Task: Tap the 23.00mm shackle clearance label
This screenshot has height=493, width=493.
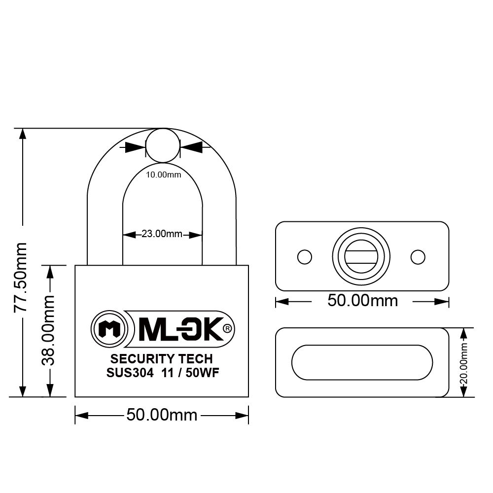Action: tap(162, 234)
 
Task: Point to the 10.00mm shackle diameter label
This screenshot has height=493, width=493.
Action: tap(163, 175)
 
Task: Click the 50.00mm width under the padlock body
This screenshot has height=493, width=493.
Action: tap(162, 415)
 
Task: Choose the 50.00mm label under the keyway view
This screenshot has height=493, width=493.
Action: tap(362, 300)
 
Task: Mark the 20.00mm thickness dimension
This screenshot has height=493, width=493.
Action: tap(464, 362)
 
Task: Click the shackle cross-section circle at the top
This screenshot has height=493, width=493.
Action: tap(163, 146)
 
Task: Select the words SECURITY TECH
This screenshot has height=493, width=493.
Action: tap(162, 359)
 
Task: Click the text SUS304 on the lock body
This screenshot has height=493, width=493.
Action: tap(127, 373)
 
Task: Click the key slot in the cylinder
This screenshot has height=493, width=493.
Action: tap(361, 257)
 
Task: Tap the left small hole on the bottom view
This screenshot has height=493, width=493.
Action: tap(305, 257)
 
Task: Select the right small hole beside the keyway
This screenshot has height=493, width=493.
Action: tap(418, 257)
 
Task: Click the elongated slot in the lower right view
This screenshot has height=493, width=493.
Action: tap(362, 362)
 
